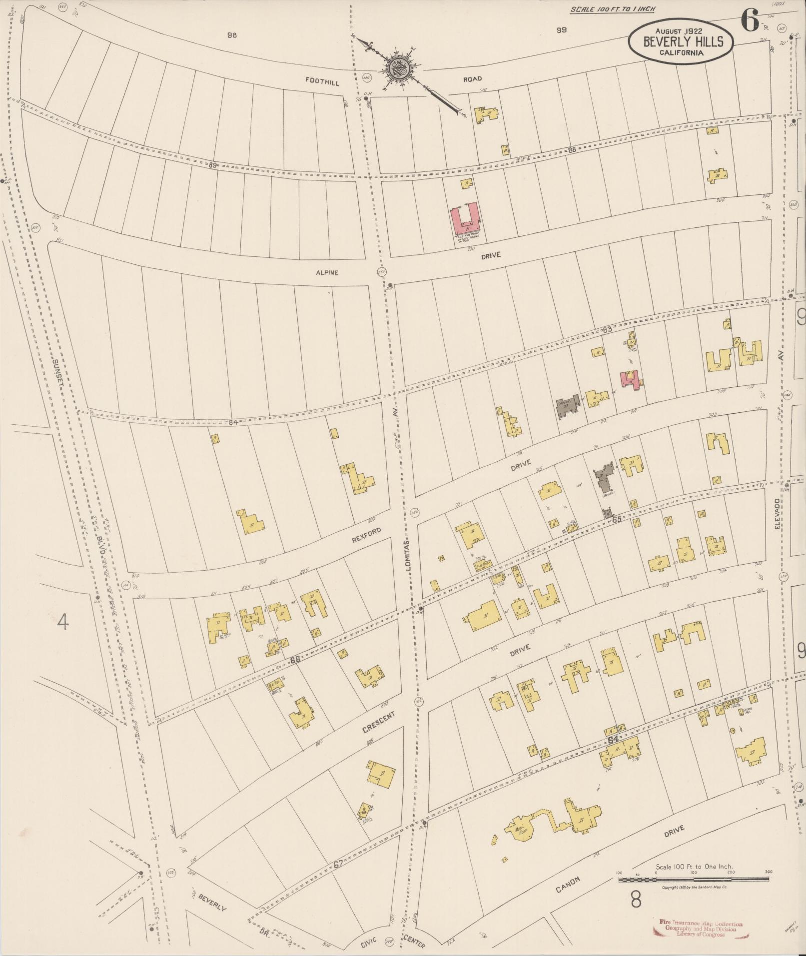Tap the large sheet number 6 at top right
750,21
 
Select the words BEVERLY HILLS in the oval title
683,42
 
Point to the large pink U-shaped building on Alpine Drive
466,219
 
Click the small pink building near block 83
631,379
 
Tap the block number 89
213,165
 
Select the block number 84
232,422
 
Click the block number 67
338,864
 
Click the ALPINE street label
327,273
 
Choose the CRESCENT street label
379,723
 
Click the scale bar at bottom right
695,879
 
